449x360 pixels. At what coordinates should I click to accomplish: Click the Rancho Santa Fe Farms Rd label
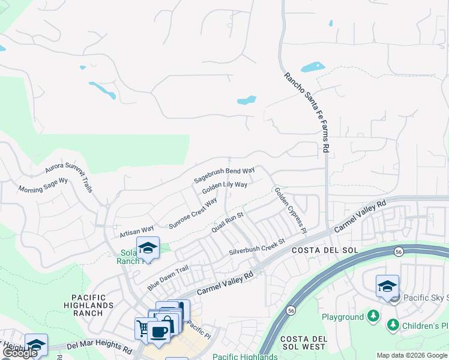[x=307, y=112]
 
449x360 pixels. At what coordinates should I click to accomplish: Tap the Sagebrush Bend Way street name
[x=224, y=175]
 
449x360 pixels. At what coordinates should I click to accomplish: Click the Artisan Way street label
[x=137, y=229]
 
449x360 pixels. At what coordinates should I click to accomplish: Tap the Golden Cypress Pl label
[x=290, y=210]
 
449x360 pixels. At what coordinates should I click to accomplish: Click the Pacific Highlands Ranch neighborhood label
[x=92, y=305]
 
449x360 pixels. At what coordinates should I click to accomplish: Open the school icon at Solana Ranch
[x=146, y=247]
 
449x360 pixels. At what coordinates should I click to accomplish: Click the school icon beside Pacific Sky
[x=387, y=286]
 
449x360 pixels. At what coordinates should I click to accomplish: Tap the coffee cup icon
[x=159, y=331]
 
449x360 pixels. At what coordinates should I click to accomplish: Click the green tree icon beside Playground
[x=373, y=316]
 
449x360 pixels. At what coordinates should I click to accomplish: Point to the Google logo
[x=20, y=353]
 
